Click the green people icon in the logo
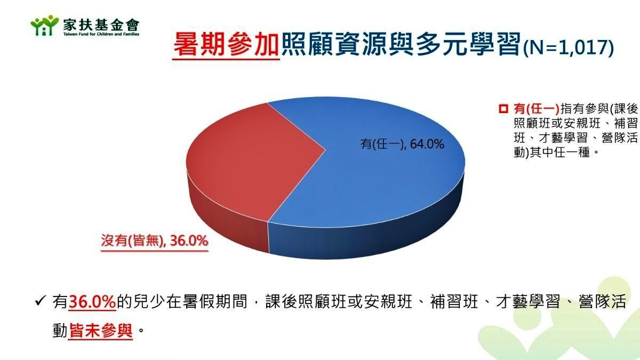(x=45, y=26)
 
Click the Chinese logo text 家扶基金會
(x=101, y=25)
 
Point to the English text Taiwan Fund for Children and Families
(x=101, y=34)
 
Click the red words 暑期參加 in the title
(x=226, y=45)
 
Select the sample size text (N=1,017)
(x=569, y=47)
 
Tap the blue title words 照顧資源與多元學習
(x=401, y=45)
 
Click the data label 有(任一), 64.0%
(x=402, y=144)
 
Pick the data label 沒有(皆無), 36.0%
(x=155, y=241)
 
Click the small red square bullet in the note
(x=503, y=109)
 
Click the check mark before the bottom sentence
(x=40, y=301)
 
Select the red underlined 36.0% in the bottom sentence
(x=92, y=301)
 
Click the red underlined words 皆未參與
(x=101, y=331)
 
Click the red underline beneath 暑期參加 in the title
(x=226, y=59)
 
